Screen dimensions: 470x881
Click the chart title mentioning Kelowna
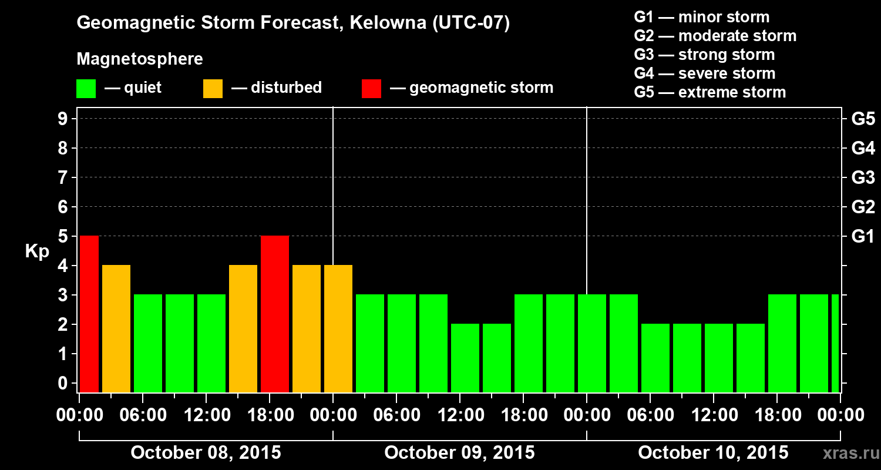293,23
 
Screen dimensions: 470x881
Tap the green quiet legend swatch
86,88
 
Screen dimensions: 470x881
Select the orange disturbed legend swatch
213,88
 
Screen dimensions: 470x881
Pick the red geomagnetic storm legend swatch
371,88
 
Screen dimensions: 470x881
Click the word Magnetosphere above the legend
140,59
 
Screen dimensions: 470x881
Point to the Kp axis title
37,251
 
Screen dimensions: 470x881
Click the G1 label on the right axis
863,237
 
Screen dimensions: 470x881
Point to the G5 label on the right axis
863,119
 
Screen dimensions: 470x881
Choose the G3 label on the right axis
863,178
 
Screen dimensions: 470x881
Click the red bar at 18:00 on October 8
275,314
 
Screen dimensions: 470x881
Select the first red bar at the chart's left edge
89,314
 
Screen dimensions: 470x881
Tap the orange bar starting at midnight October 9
338,329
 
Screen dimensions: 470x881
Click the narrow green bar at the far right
835,344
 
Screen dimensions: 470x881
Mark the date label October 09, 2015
459,453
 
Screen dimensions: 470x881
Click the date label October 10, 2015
713,453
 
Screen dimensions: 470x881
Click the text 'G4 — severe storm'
705,73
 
